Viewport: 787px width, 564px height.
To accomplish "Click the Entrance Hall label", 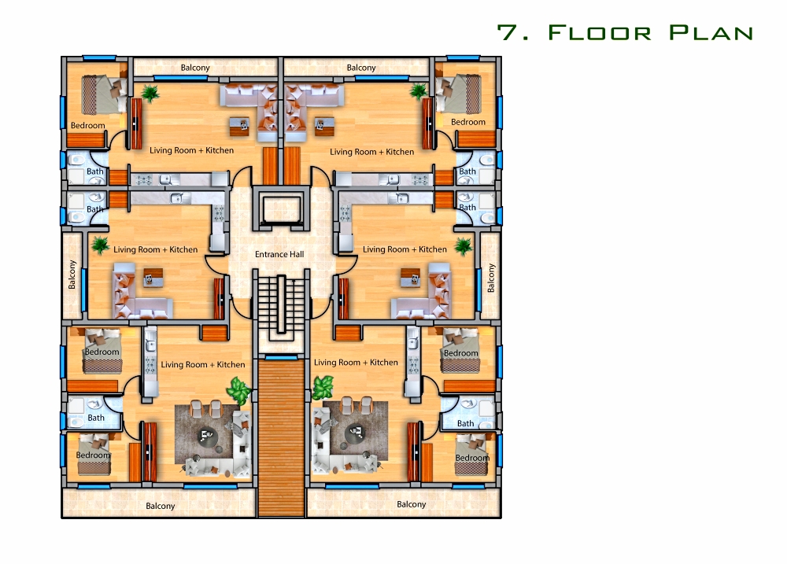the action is click(x=279, y=254).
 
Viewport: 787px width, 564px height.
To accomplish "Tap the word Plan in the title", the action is click(x=711, y=32).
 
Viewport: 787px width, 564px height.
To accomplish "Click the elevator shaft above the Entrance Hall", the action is click(x=281, y=208).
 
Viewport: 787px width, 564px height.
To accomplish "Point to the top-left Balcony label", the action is click(x=194, y=68).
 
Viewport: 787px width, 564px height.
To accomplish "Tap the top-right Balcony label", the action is click(x=361, y=68).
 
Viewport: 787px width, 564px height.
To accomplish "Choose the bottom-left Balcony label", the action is click(x=160, y=506).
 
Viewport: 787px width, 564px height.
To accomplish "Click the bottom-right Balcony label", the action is click(x=411, y=504).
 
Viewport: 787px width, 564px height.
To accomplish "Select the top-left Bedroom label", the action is click(x=88, y=125).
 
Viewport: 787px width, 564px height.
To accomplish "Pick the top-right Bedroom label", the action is click(x=467, y=122).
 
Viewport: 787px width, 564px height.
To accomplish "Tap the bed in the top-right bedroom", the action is click(x=459, y=94).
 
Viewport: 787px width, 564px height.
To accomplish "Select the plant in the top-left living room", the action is click(x=150, y=93).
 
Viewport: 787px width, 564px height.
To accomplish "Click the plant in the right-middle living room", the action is click(x=463, y=246).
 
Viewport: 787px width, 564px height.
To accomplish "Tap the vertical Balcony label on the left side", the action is click(x=72, y=275).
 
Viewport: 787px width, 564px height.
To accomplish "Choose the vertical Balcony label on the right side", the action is click(x=491, y=278).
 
